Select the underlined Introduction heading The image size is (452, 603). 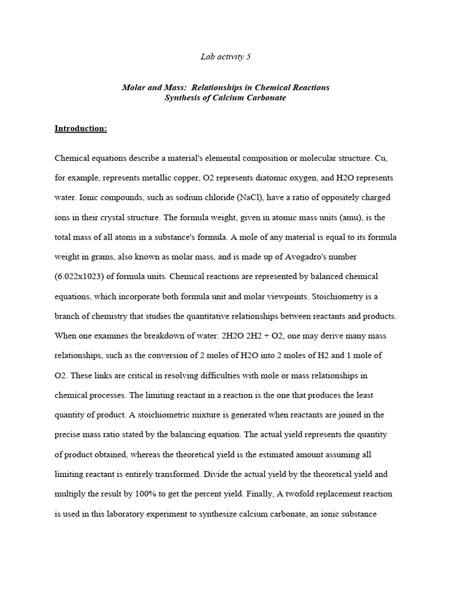(x=81, y=128)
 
